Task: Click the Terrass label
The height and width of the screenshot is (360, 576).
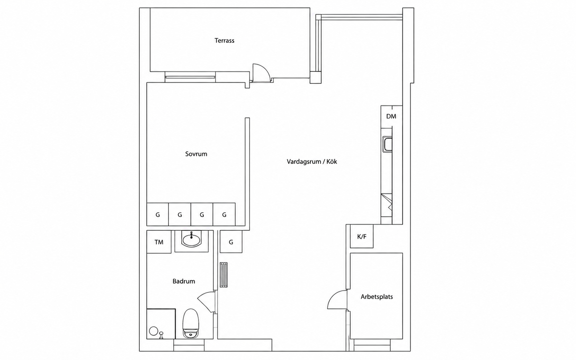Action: pos(224,41)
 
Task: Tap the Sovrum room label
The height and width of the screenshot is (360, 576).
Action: pos(196,154)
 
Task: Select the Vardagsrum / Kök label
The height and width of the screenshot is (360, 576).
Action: pos(312,161)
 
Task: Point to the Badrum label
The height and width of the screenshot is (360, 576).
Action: pos(184,281)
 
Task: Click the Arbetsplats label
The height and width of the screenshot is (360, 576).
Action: pos(377,297)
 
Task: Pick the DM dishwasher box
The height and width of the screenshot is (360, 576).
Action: pos(392,116)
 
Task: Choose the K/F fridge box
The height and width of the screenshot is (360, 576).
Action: pos(362,236)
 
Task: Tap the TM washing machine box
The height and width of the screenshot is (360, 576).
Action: pos(159,242)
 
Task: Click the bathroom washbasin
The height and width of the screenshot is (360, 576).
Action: pos(191,240)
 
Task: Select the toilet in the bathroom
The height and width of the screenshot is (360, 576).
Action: pos(191,323)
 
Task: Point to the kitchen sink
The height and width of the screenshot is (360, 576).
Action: pos(387,144)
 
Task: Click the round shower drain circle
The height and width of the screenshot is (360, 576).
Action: pos(154,331)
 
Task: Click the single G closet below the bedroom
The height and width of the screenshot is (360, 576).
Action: pos(231,242)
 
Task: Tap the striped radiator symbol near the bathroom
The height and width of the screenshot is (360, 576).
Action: pos(223,275)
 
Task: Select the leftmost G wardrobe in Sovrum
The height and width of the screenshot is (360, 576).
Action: pos(158,214)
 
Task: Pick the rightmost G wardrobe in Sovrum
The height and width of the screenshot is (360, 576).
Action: pos(224,214)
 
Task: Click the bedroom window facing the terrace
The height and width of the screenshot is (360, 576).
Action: pos(190,77)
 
